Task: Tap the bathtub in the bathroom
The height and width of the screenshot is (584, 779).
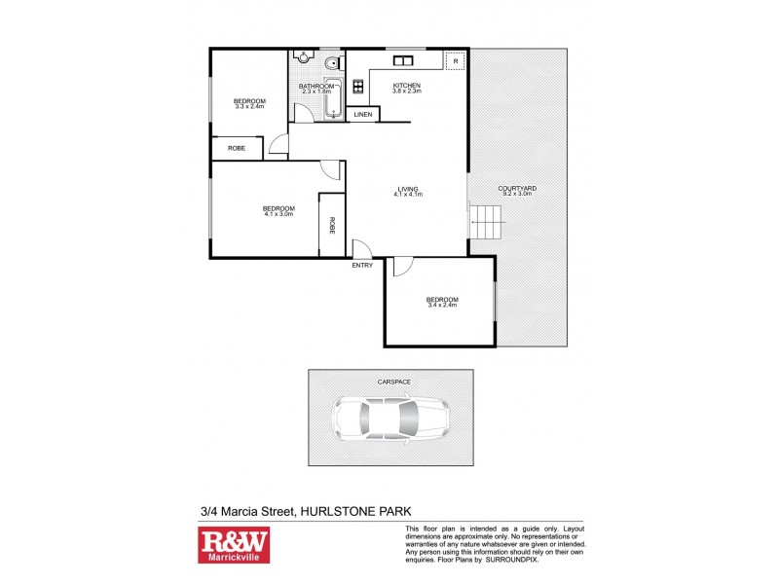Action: pos(333,100)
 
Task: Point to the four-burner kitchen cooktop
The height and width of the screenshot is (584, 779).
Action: pos(357,87)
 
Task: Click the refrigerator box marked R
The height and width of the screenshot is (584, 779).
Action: pos(454,60)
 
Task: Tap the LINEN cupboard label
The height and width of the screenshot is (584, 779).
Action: pos(362,115)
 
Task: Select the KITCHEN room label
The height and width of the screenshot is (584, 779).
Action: pos(406,86)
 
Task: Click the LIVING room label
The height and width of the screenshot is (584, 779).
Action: pos(407,189)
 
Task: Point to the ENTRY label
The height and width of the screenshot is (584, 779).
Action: pos(362,265)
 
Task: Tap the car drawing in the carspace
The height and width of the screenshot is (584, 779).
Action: pos(389,420)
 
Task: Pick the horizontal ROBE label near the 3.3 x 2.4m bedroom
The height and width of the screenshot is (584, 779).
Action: pos(237,148)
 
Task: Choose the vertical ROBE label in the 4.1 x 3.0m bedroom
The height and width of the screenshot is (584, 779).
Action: pos(332,226)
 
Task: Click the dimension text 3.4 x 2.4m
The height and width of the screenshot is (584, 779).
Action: pos(442,306)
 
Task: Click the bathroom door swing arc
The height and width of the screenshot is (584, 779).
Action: pos(304,113)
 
